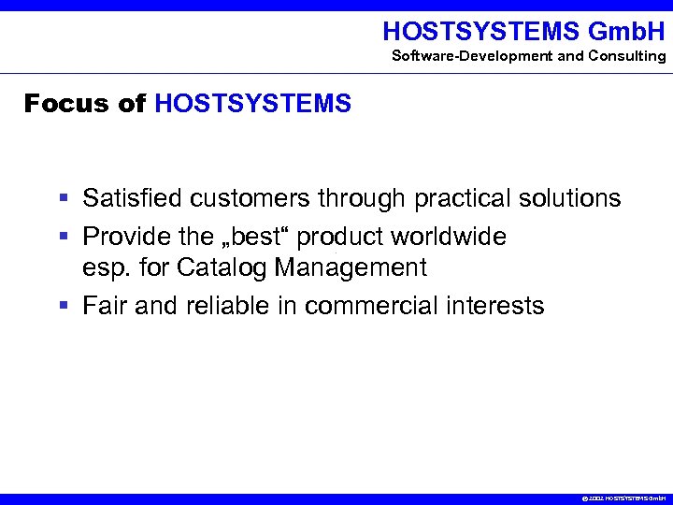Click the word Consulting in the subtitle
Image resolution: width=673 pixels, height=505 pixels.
coord(627,56)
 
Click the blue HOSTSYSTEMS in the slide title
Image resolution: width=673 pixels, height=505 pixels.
coord(252,103)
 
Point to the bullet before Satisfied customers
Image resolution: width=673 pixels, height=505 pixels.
coord(63,199)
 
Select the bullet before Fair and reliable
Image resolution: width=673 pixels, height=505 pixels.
coord(63,307)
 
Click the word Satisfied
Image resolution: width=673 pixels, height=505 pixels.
coord(132,198)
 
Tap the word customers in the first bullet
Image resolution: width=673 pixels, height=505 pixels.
coord(250,198)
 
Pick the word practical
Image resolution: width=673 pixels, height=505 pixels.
coord(455,198)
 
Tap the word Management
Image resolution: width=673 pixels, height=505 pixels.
coord(351,268)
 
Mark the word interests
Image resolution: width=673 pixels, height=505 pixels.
coord(495,306)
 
